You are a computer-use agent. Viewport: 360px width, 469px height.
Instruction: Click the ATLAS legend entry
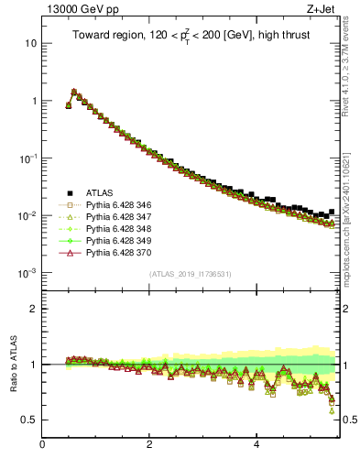tap(99, 192)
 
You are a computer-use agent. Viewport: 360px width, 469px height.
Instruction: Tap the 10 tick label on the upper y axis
tap(29, 43)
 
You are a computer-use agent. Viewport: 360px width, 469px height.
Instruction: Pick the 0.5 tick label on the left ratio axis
tap(28, 420)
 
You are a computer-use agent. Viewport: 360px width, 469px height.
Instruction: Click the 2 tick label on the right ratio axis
tap(346, 309)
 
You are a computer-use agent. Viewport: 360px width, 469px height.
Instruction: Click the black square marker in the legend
tap(68, 192)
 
